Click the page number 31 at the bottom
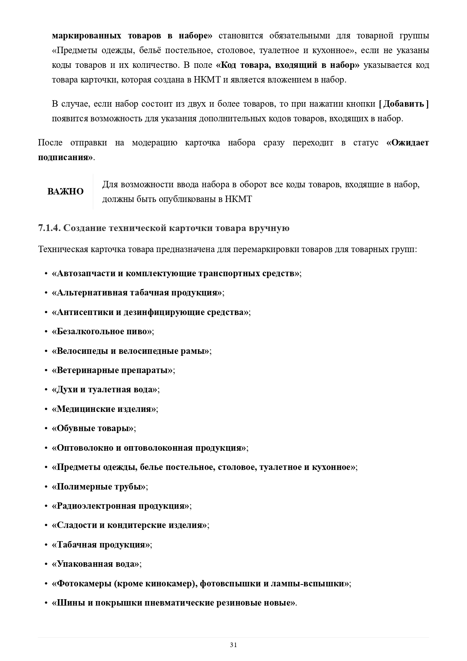(233, 644)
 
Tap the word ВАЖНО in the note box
(65, 191)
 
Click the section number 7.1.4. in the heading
(49, 228)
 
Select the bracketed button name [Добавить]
(404, 104)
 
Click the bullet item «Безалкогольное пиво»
(102, 331)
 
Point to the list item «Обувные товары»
(93, 428)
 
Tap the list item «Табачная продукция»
(102, 545)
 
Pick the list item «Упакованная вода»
(96, 564)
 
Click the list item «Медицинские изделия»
(104, 409)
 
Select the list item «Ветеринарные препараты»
(113, 370)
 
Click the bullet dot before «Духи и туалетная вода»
(46, 390)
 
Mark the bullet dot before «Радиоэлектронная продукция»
(46, 506)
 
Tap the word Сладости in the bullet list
(76, 525)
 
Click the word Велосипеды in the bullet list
(81, 351)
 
